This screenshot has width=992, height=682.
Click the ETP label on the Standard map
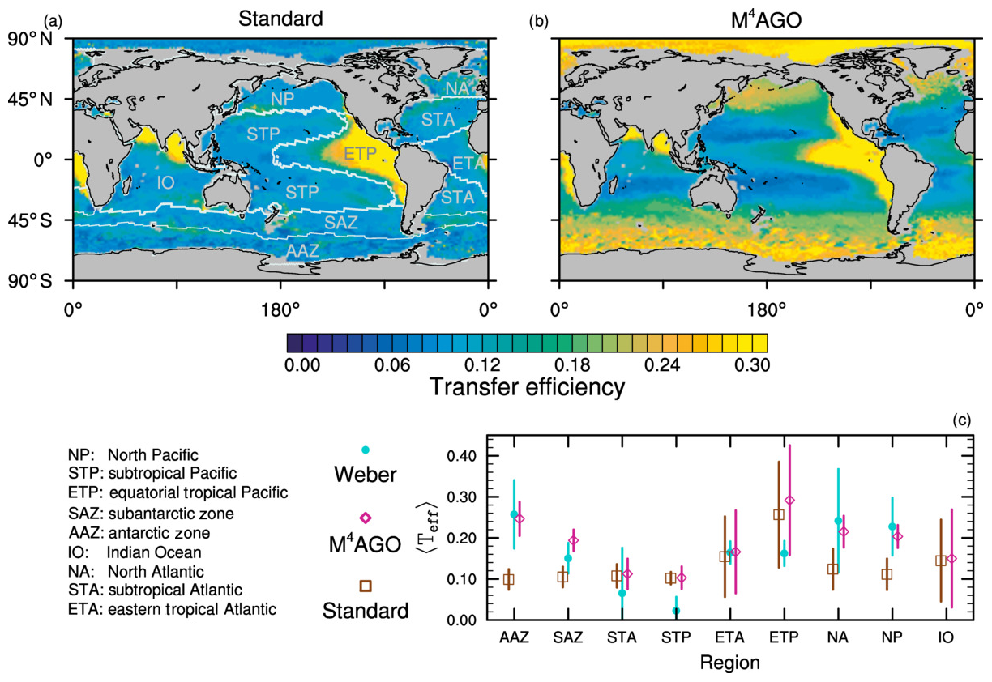click(360, 154)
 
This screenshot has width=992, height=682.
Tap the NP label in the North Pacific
click(282, 98)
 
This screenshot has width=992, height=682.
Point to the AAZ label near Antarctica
click(302, 251)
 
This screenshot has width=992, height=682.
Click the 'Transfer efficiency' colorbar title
click(527, 387)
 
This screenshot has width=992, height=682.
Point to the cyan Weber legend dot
click(365, 450)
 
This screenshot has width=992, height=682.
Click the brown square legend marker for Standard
click(365, 585)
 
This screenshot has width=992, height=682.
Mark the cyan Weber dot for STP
click(676, 610)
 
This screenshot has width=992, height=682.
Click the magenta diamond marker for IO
click(951, 558)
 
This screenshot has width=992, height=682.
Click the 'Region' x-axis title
click(731, 663)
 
